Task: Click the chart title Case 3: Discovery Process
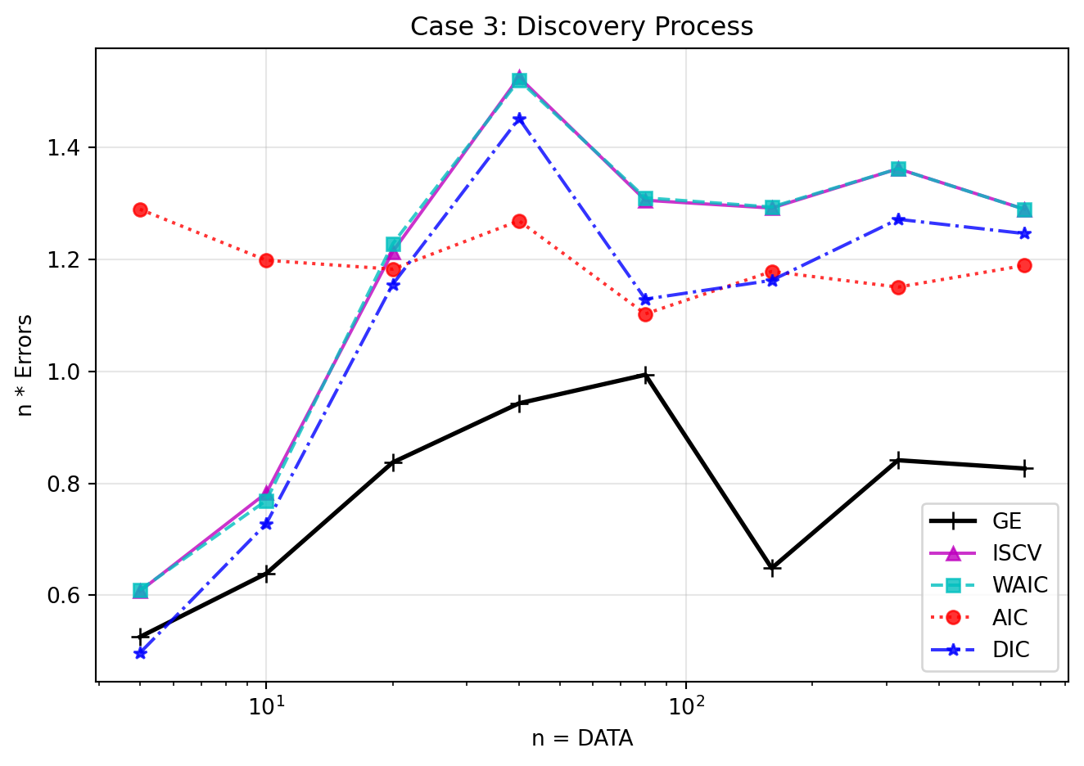click(x=581, y=26)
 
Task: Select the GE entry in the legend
click(x=1006, y=521)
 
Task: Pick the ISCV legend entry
click(x=1016, y=553)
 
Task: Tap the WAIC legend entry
click(x=1019, y=585)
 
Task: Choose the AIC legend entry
click(x=1009, y=618)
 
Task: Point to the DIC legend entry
click(x=1010, y=650)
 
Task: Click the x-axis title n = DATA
click(x=581, y=739)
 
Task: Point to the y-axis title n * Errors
click(x=25, y=365)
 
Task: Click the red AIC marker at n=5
click(x=140, y=210)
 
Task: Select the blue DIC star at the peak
click(x=519, y=119)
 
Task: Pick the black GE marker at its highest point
click(x=646, y=376)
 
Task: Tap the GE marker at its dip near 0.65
click(x=772, y=568)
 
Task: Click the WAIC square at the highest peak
click(x=519, y=80)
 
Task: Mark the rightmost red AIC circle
click(x=1024, y=265)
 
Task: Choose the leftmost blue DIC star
click(x=140, y=653)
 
